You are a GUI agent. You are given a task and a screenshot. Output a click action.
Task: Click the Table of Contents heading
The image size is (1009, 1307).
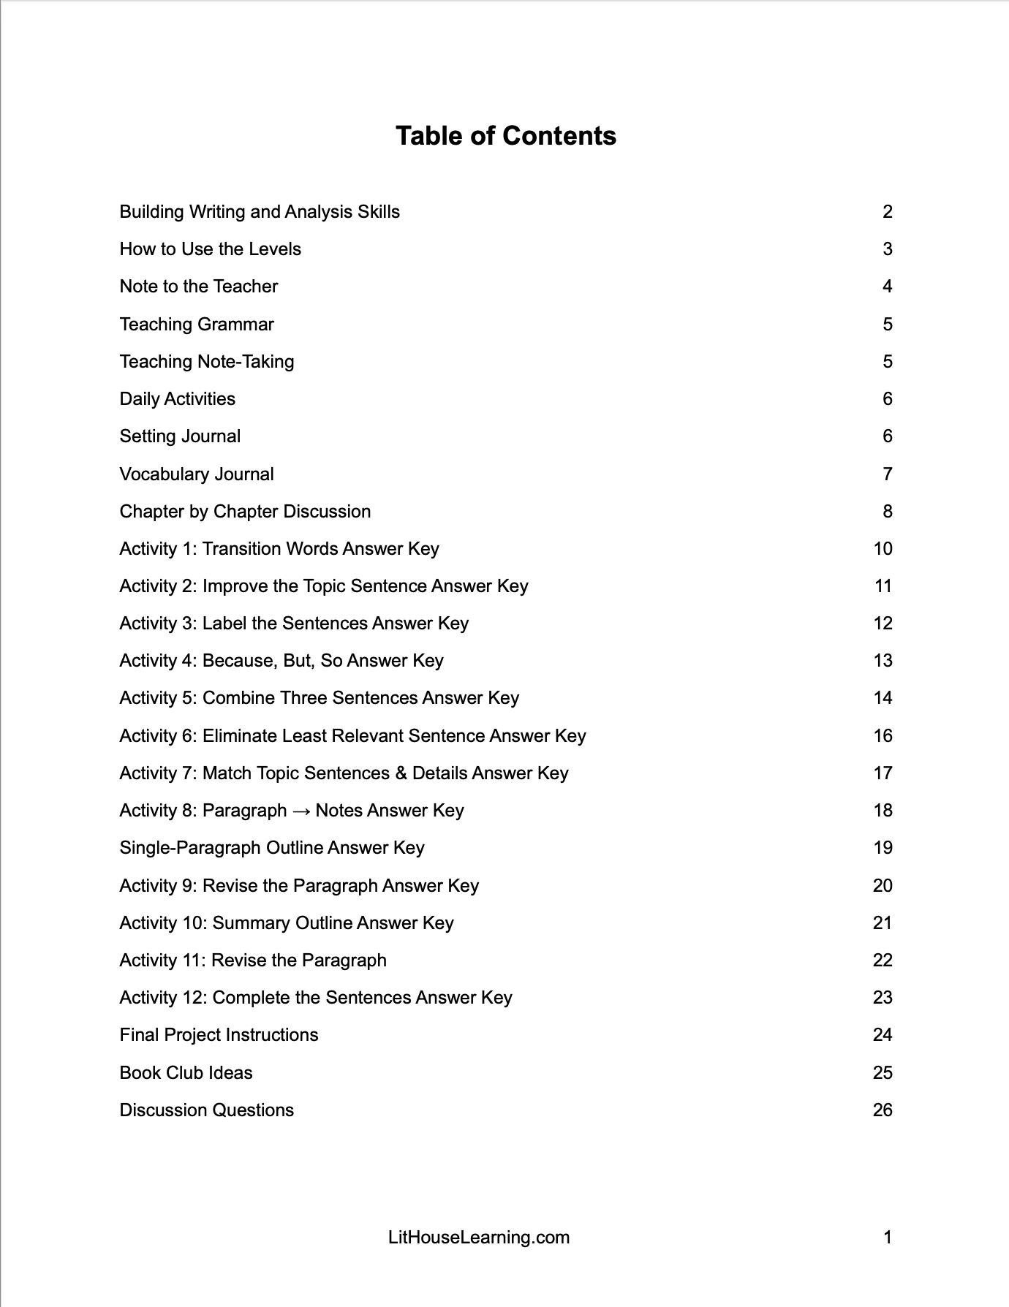click(505, 136)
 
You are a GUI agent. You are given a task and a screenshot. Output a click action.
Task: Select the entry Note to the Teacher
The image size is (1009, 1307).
click(198, 287)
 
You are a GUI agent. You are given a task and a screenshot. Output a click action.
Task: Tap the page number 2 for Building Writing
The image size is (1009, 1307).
click(887, 212)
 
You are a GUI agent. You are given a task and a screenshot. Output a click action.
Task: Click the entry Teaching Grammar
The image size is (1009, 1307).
click(197, 325)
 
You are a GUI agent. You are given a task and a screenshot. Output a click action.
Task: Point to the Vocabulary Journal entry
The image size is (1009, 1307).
click(197, 474)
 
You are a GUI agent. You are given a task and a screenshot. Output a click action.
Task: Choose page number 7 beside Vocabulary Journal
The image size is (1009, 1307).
click(887, 474)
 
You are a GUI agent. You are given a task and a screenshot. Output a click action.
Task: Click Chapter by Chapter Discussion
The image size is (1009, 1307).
click(245, 512)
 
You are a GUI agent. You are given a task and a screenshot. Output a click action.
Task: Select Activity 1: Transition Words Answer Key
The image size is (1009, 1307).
click(279, 549)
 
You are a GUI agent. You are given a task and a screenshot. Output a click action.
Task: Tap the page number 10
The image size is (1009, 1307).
click(883, 549)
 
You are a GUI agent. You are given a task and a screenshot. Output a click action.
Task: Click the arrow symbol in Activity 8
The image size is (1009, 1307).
click(301, 811)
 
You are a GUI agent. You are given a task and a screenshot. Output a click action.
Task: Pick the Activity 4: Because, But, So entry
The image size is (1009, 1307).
click(281, 661)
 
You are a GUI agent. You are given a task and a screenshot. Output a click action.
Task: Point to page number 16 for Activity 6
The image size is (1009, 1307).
click(883, 736)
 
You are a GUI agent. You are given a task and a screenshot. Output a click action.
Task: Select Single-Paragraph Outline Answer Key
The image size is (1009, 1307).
click(272, 848)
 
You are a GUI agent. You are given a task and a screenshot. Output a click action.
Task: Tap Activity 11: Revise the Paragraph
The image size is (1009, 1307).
click(253, 961)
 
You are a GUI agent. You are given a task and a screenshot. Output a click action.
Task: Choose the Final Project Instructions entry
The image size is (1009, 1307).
click(219, 1035)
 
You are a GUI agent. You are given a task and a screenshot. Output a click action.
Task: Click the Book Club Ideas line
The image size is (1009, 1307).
click(186, 1073)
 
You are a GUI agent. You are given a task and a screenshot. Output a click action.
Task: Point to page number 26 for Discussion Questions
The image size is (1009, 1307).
click(883, 1110)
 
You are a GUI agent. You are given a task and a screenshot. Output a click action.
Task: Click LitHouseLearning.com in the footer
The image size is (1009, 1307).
click(479, 1238)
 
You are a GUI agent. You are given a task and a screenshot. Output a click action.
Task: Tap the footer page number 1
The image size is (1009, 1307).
click(887, 1238)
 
